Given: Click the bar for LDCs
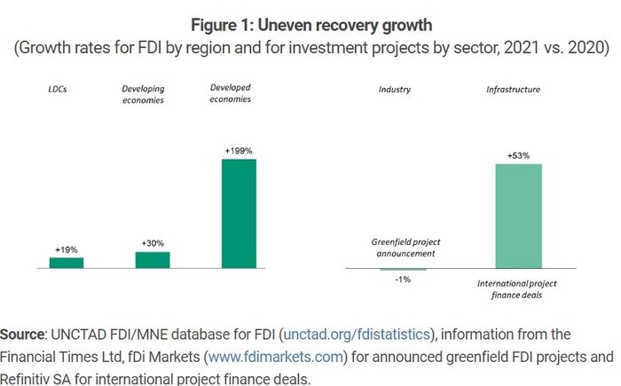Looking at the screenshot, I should click(66, 263).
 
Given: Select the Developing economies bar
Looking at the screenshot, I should click(152, 259).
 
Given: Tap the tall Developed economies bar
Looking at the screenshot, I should click(239, 213).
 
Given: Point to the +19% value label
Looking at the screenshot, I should click(66, 250).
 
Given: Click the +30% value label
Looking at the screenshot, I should click(153, 243).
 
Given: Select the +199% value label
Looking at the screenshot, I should click(239, 152).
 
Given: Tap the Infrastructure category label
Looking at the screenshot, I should click(514, 90).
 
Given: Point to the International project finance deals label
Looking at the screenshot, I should click(515, 288).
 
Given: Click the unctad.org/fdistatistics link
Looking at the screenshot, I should click(357, 335).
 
